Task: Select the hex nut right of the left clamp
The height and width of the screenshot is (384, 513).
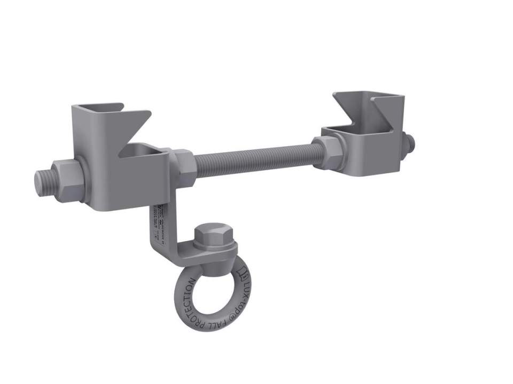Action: pos(182,165)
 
